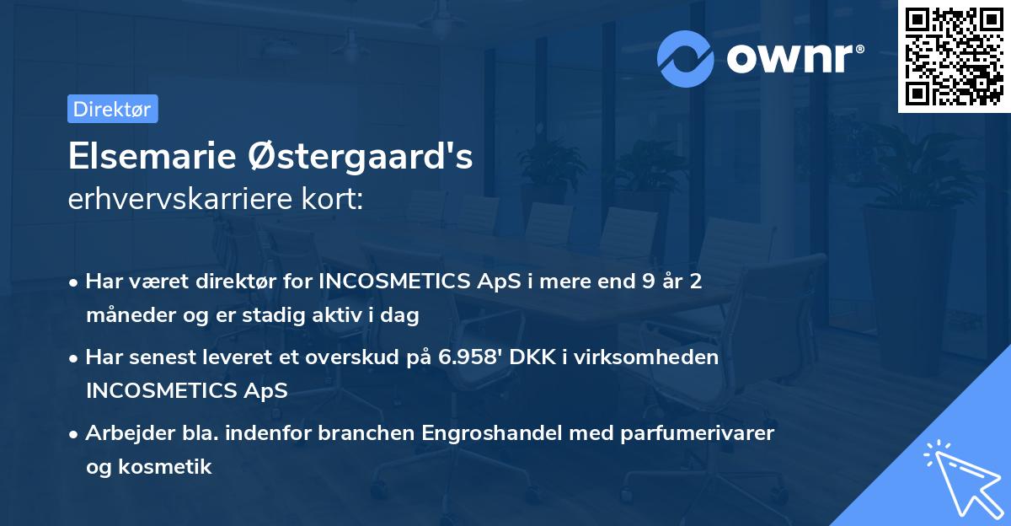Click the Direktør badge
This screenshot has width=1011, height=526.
(x=112, y=109)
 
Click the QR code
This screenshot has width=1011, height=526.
(x=955, y=56)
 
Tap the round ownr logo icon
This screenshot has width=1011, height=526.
(x=686, y=58)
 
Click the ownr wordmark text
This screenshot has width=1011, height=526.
(x=794, y=58)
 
